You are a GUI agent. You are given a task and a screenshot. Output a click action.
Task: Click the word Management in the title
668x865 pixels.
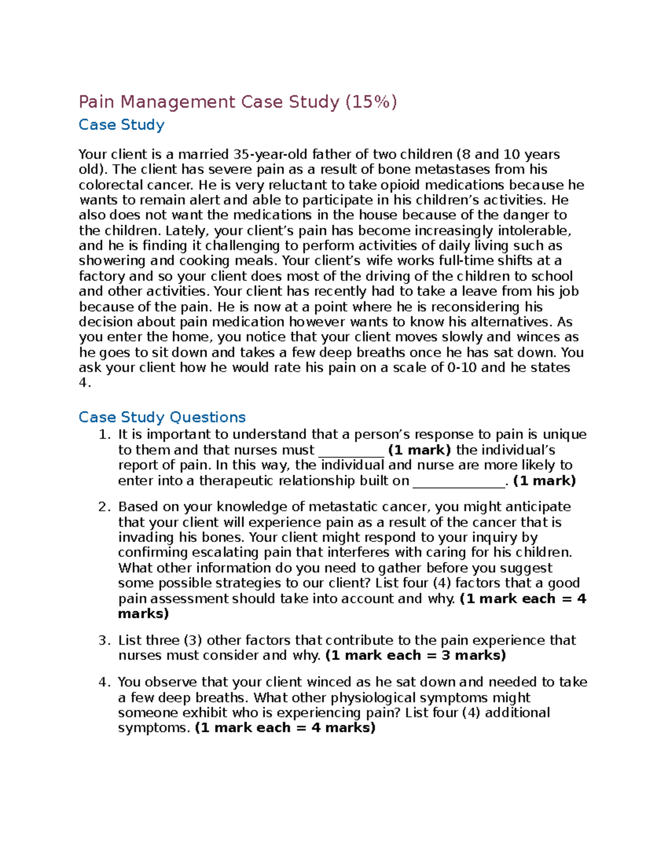(x=178, y=102)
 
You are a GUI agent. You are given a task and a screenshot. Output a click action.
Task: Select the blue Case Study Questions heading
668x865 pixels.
(x=162, y=417)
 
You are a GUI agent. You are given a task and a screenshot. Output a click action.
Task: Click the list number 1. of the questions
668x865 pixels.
(x=105, y=434)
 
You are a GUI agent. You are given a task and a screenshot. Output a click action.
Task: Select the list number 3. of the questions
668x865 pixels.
(x=105, y=641)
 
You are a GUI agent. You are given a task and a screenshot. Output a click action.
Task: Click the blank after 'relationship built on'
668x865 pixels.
(x=459, y=482)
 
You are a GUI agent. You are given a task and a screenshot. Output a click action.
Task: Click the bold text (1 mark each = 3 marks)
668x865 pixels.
(x=415, y=656)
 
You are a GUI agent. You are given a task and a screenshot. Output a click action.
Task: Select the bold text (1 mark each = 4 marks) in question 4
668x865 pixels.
(x=285, y=728)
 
